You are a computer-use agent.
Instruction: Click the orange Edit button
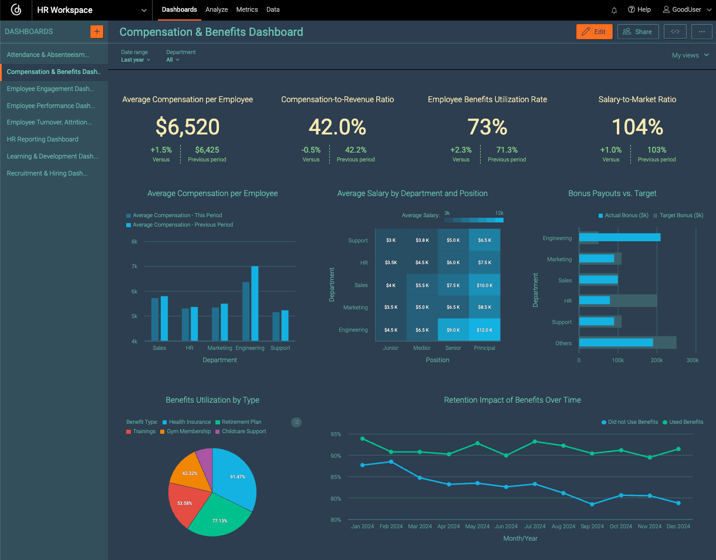(x=594, y=32)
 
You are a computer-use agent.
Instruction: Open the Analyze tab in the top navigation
(x=217, y=10)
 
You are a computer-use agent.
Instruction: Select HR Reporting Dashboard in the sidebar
(x=42, y=140)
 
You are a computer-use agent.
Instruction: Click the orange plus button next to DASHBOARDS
(x=97, y=32)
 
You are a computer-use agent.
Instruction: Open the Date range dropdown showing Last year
(x=136, y=60)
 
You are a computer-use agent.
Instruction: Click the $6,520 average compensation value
(x=187, y=127)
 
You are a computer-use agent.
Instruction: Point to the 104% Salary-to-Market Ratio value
(x=637, y=127)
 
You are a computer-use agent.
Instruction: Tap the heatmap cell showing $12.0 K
(x=484, y=330)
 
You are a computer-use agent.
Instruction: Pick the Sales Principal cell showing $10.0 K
(x=484, y=285)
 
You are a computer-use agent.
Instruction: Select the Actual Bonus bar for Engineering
(x=619, y=237)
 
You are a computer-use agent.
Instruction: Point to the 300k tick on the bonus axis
(x=693, y=360)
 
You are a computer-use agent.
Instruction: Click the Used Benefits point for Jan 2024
(x=363, y=438)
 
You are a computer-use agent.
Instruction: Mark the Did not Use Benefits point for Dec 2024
(x=678, y=503)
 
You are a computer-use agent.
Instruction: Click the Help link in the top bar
(x=639, y=10)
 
